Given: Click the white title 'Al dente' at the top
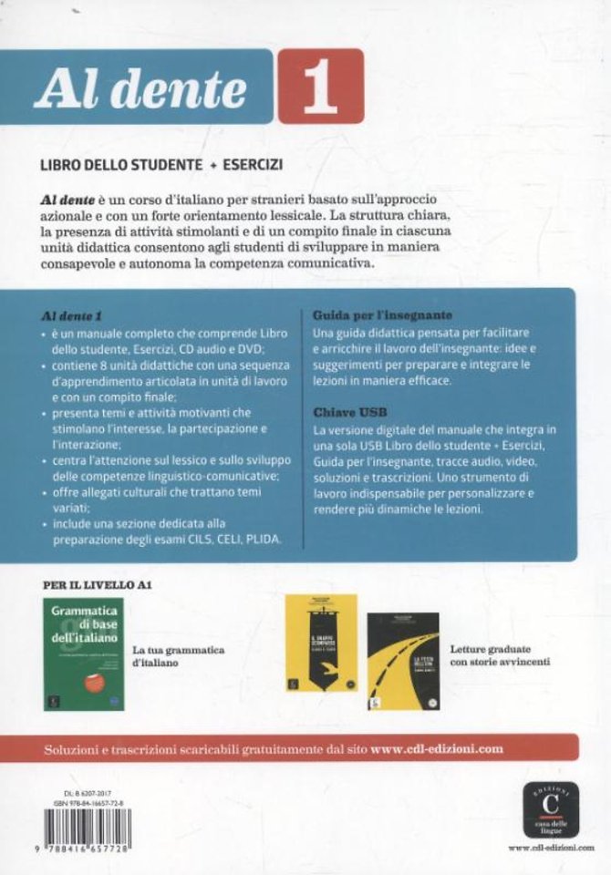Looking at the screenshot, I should [x=140, y=90].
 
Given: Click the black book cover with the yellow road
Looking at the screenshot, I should [x=402, y=662].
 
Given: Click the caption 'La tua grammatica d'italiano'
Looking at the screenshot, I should [x=178, y=656].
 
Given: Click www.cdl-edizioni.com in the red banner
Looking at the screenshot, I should [x=438, y=747].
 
